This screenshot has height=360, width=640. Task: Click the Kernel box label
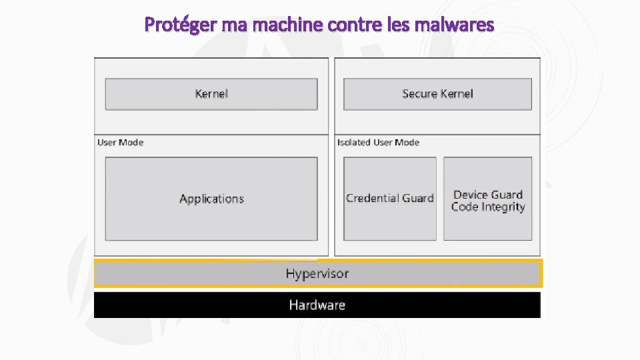[211, 94]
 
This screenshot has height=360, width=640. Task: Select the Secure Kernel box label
[437, 94]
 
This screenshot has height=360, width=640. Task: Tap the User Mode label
[121, 142]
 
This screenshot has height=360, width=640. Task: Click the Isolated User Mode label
[379, 142]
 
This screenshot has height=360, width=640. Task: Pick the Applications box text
[211, 199]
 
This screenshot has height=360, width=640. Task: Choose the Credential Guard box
[390, 199]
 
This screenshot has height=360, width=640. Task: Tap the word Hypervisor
[317, 273]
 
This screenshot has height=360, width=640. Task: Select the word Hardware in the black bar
[317, 305]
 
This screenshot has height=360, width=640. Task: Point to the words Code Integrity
[488, 207]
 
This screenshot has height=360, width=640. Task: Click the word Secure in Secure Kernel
[419, 94]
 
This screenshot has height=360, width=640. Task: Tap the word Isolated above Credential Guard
[353, 142]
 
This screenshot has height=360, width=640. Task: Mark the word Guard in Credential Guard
[418, 199]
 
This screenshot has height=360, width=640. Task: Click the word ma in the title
[228, 25]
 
